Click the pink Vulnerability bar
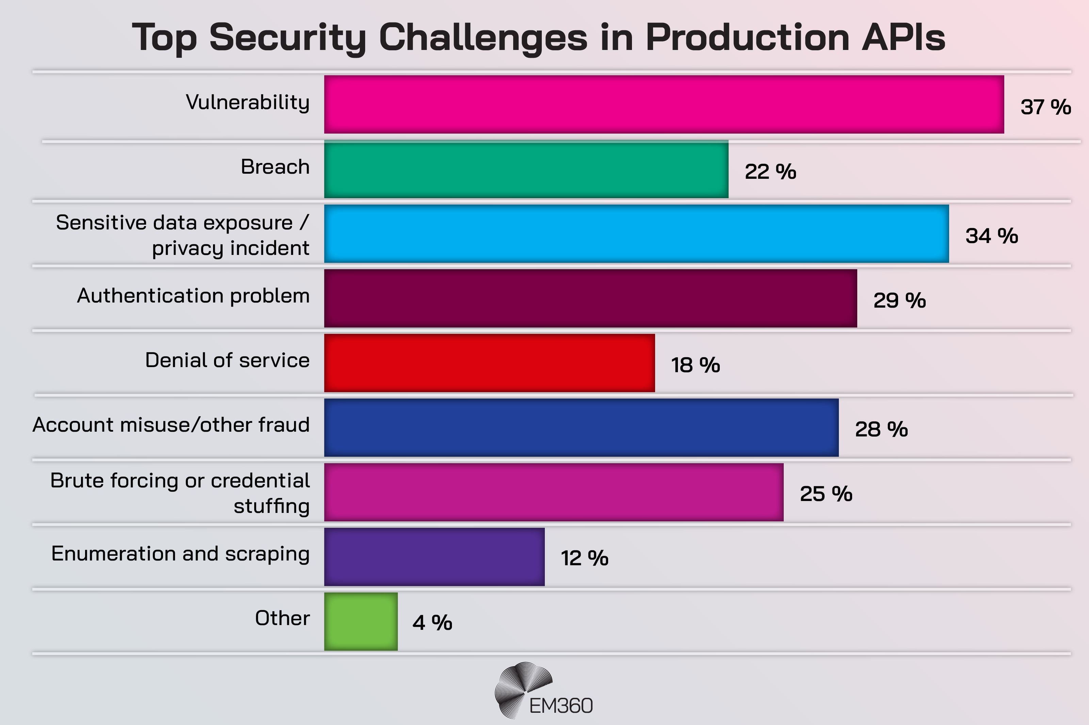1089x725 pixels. (664, 104)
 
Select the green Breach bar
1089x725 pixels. (526, 169)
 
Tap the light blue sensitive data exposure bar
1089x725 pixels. (636, 234)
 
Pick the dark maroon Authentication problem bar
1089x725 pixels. (590, 298)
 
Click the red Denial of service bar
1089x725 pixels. (489, 363)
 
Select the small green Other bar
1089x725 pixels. (360, 621)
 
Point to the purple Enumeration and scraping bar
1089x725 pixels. (434, 557)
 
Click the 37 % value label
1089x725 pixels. (1045, 107)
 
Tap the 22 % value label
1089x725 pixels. (770, 172)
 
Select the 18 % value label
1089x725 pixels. (695, 365)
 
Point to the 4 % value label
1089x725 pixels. (432, 623)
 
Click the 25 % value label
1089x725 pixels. (826, 494)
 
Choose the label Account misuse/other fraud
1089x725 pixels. (171, 425)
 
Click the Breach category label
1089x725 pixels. (275, 167)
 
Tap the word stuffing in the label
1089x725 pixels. (271, 506)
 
